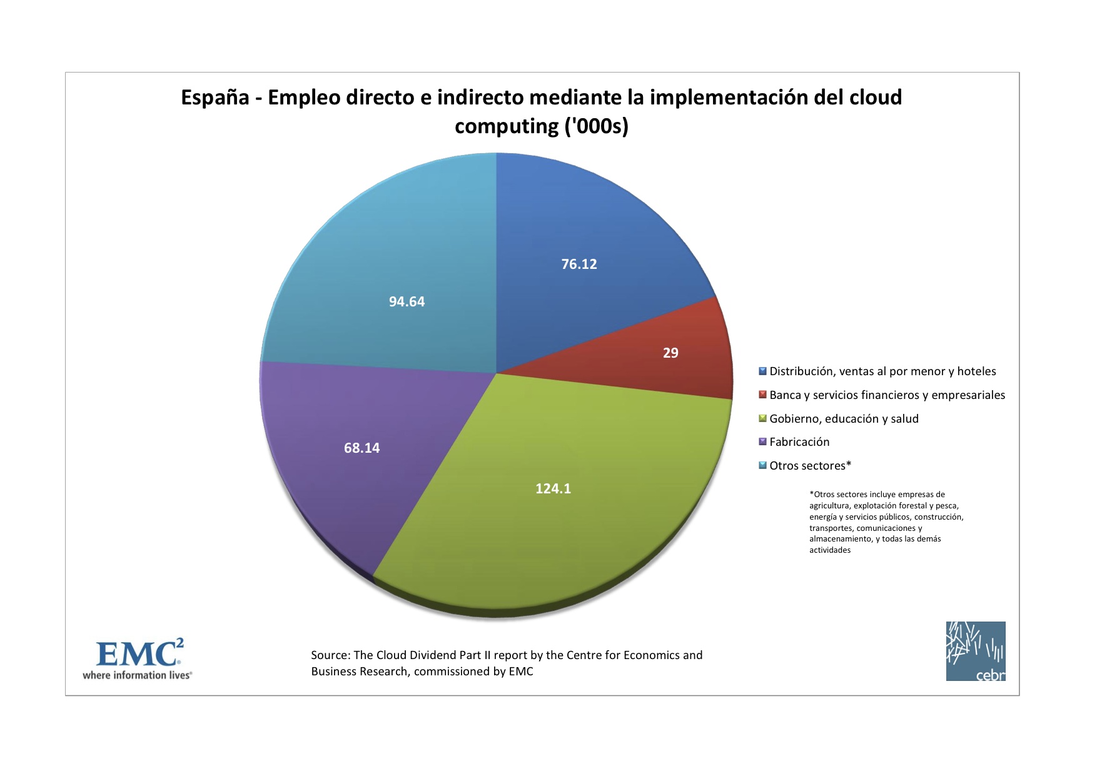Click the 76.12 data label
(x=579, y=265)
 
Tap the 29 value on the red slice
(x=670, y=353)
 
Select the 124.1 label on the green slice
(x=553, y=489)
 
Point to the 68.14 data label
(x=361, y=448)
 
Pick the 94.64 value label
(x=407, y=302)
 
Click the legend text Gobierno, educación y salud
(x=844, y=419)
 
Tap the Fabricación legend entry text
(x=799, y=442)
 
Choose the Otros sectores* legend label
(x=810, y=466)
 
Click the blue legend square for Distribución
(x=762, y=371)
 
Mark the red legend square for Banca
(x=762, y=395)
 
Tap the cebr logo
(x=975, y=651)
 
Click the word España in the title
(x=215, y=98)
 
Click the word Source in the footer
(x=330, y=655)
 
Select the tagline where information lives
(x=137, y=675)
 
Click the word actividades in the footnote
(x=829, y=550)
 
